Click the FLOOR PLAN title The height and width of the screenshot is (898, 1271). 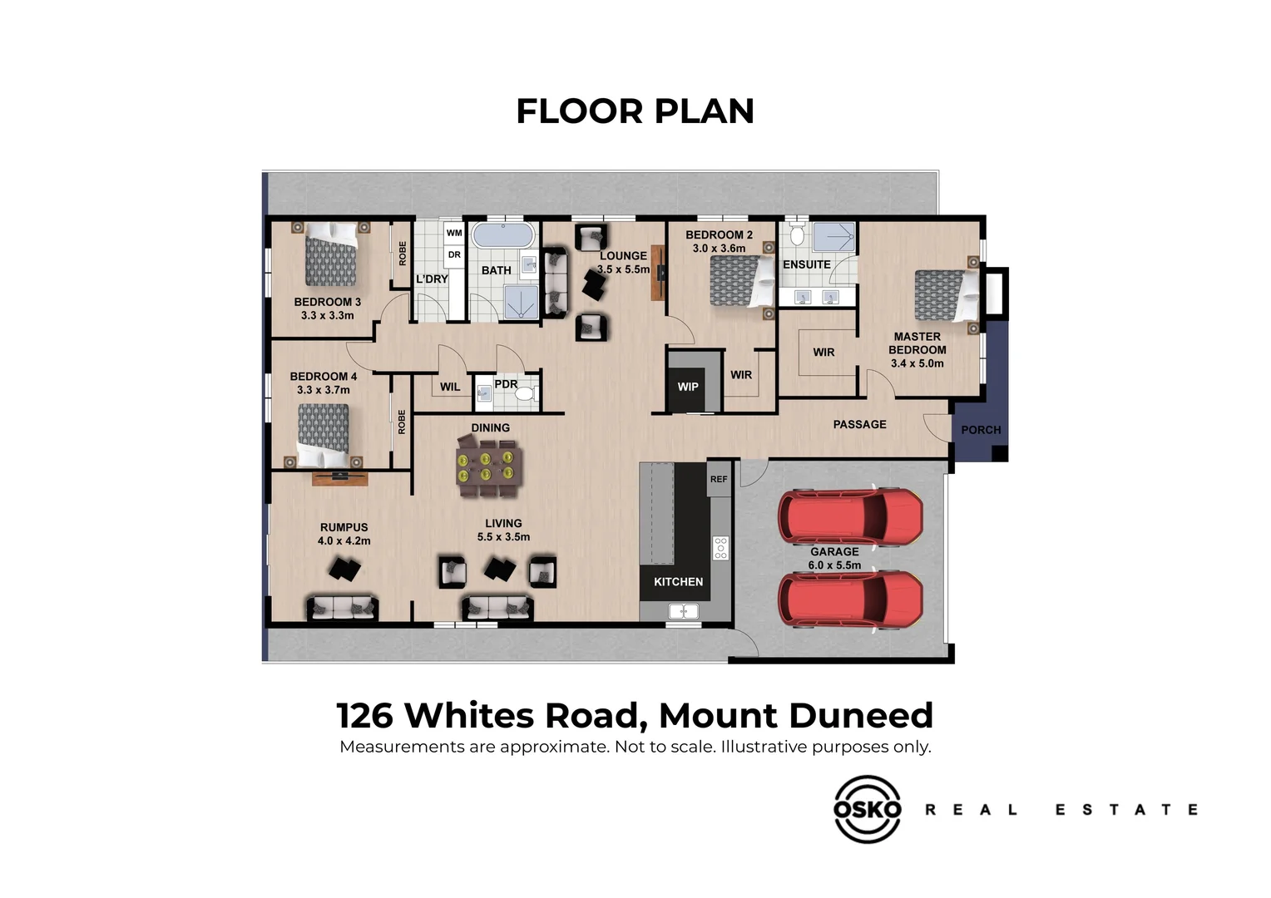coord(635,111)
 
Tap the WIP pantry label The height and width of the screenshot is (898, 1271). coord(688,387)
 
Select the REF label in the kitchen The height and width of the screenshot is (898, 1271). coord(719,480)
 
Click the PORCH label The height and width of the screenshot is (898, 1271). coord(981,430)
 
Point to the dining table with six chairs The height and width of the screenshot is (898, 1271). coord(490,466)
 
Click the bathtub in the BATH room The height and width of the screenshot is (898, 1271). coord(503,235)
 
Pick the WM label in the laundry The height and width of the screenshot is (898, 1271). coord(454,233)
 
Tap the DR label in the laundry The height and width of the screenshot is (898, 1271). coord(454,255)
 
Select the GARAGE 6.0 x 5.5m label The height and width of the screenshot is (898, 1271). coord(834,558)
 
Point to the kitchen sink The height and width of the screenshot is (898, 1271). coord(683,612)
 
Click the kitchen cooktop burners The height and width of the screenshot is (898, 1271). coord(720,547)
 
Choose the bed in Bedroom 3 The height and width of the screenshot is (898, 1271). coord(330,254)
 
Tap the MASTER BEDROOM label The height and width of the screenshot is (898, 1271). coord(917,349)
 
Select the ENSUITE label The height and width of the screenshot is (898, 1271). coord(806,264)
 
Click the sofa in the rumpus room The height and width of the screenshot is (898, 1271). coord(343,608)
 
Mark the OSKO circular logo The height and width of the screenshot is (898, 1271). coord(867,809)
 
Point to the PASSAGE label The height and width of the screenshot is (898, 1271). coord(859,424)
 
